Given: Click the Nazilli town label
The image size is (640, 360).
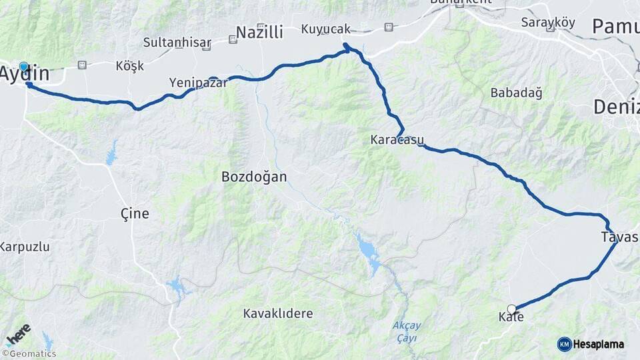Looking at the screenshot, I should (259, 32).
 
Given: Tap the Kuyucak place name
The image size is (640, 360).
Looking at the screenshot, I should (325, 29).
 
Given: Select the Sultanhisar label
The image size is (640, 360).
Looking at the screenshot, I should (177, 43).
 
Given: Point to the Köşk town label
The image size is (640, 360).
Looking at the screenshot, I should (129, 66).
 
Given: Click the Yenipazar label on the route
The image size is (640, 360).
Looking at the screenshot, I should (198, 83).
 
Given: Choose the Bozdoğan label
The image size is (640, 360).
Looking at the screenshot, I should (254, 177).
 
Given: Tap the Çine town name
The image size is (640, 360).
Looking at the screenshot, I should (134, 213).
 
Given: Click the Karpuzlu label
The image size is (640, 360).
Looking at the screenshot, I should (25, 247).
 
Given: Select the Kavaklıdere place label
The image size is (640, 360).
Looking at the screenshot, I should (277, 313).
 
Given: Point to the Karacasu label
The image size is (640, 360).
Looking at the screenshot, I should (396, 141).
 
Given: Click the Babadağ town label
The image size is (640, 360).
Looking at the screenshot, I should (516, 93).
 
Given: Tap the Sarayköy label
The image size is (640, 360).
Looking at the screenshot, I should (547, 22).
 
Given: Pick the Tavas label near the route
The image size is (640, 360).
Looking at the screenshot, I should (619, 237).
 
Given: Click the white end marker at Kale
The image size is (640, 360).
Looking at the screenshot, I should (511, 309).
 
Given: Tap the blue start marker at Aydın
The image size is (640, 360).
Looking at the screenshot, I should (24, 67).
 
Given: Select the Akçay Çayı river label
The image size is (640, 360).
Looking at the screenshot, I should (406, 331).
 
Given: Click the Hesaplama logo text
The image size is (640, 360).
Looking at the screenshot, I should (598, 344).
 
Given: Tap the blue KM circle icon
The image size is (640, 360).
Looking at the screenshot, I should (564, 344).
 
